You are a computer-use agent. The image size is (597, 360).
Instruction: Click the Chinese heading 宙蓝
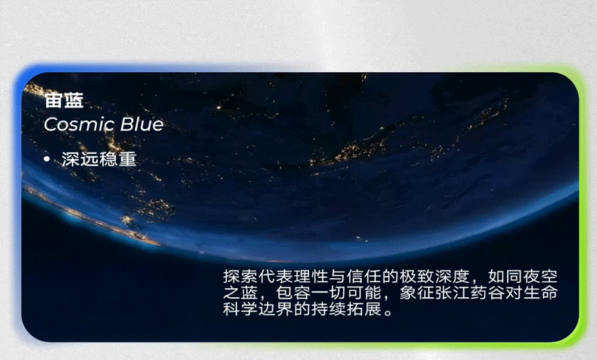click(64, 101)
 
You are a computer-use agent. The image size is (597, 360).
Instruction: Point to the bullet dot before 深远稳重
click(47, 160)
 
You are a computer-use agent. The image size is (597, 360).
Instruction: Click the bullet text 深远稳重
click(98, 160)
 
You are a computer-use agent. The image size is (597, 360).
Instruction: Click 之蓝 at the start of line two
click(240, 293)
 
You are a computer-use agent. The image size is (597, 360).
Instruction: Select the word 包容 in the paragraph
click(295, 293)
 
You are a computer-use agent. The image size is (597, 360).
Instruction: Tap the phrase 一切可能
click(349, 293)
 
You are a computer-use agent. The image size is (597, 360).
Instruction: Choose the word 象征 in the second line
click(421, 293)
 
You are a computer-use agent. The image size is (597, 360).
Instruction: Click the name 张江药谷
click(476, 293)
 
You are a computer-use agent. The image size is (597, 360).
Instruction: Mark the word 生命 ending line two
click(549, 293)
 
